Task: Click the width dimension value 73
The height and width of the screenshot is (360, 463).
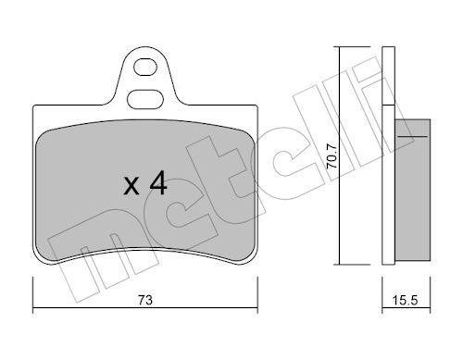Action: click(x=145, y=300)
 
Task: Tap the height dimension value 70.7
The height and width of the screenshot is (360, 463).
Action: click(x=332, y=156)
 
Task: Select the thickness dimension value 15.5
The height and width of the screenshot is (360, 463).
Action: click(x=405, y=300)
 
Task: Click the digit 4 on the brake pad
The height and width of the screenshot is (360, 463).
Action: click(x=158, y=183)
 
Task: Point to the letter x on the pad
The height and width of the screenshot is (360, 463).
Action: click(x=131, y=186)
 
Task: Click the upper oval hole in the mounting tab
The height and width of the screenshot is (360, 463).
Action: click(x=145, y=67)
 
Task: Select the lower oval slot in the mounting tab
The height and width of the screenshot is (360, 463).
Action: click(x=145, y=99)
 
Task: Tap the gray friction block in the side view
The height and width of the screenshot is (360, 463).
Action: click(x=413, y=190)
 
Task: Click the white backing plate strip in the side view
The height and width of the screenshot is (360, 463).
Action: click(x=389, y=155)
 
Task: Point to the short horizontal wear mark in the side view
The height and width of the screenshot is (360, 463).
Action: click(x=413, y=136)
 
